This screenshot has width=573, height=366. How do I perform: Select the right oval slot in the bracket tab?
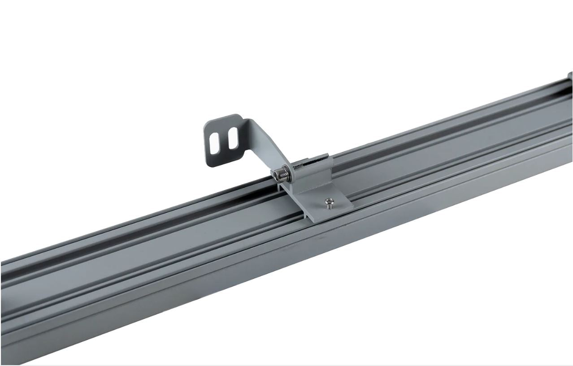(232, 138)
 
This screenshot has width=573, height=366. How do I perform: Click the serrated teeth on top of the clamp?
(317, 159)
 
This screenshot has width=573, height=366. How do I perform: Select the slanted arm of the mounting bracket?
(267, 143)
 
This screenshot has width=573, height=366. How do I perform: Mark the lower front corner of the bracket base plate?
(308, 220)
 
